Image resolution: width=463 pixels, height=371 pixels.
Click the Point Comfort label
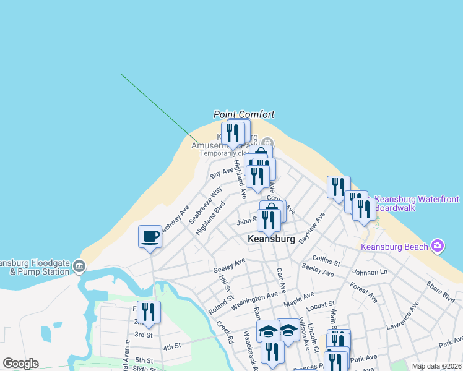pyautogui.click(x=244, y=114)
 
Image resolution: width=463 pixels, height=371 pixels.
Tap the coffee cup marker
pyautogui.click(x=150, y=237)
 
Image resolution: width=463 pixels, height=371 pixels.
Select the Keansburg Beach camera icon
pyautogui.click(x=438, y=247)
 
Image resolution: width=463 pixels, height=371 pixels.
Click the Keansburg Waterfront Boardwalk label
pyautogui.click(x=418, y=203)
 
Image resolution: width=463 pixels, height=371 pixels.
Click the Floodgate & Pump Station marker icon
pyautogui.click(x=79, y=267)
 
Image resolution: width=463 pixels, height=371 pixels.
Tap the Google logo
pyautogui.click(x=20, y=364)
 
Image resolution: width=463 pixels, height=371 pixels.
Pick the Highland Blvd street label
pyautogui.click(x=209, y=220)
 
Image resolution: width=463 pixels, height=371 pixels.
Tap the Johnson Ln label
pyautogui.click(x=370, y=271)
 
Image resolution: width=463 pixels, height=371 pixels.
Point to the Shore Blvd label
pyautogui.click(x=440, y=293)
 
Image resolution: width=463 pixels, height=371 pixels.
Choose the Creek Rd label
pyautogui.click(x=225, y=332)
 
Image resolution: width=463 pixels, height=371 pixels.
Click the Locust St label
pyautogui.click(x=321, y=305)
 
